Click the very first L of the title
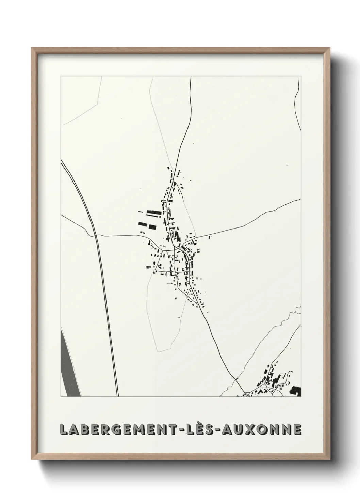click(x=64, y=429)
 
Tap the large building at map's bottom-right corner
click(x=295, y=391)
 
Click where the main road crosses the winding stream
click(x=236, y=379)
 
